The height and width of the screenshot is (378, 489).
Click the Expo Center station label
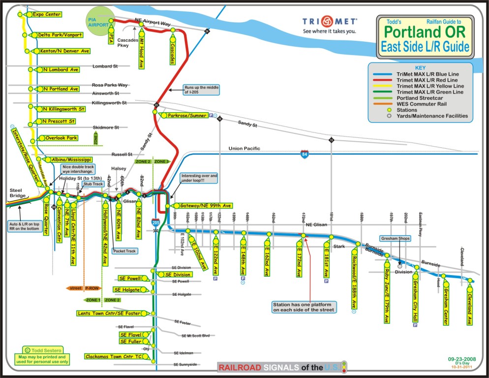(x=46, y=14)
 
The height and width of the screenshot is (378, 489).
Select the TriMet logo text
(x=330, y=22)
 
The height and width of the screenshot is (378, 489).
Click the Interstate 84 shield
(x=306, y=154)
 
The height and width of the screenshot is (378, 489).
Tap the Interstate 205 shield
(x=155, y=222)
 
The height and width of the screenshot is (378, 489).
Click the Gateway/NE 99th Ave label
(x=206, y=205)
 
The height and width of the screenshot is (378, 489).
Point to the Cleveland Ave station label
(x=470, y=306)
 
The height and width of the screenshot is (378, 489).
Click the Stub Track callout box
(x=94, y=184)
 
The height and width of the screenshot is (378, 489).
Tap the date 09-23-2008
(x=461, y=359)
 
